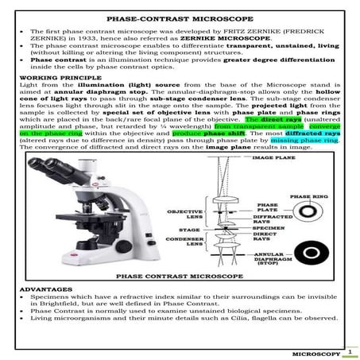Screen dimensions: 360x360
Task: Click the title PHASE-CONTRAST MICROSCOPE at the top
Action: coord(180,17)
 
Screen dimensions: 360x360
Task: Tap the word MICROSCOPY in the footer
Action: coord(317,352)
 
